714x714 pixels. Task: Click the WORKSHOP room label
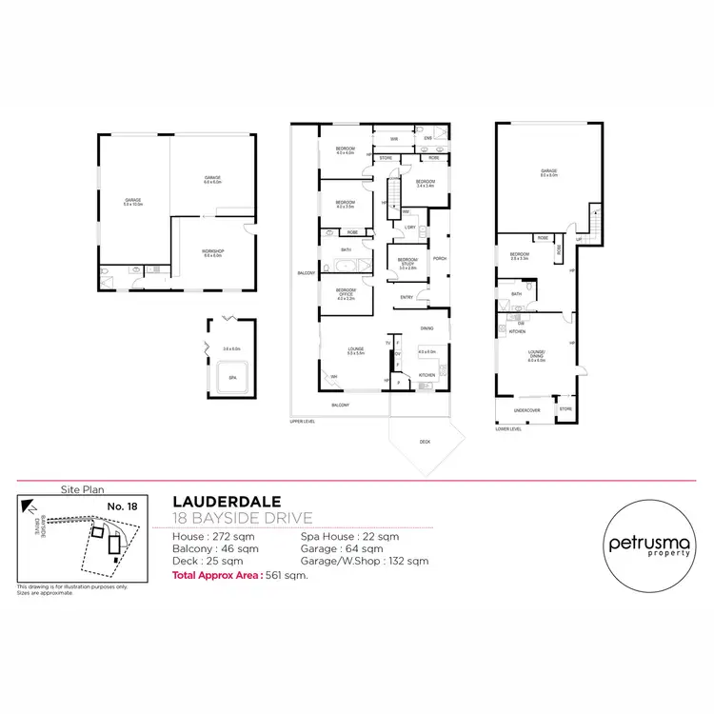click(x=211, y=251)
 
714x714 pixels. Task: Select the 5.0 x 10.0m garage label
click(x=132, y=201)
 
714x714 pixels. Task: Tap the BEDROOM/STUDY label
click(x=407, y=262)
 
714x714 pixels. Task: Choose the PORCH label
click(x=440, y=258)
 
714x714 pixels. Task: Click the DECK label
click(x=424, y=442)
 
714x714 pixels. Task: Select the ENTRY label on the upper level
click(x=406, y=296)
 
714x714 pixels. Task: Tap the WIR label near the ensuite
click(x=393, y=139)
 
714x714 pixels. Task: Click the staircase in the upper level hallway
click(x=392, y=188)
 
